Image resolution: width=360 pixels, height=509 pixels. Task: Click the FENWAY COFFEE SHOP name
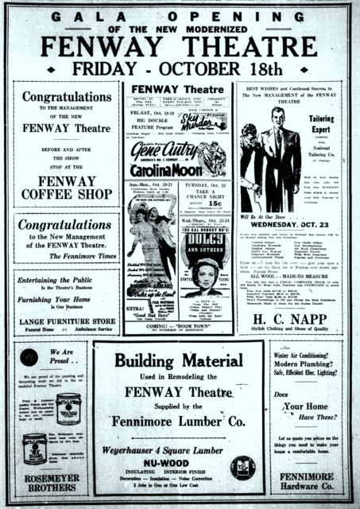click(x=67, y=187)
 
